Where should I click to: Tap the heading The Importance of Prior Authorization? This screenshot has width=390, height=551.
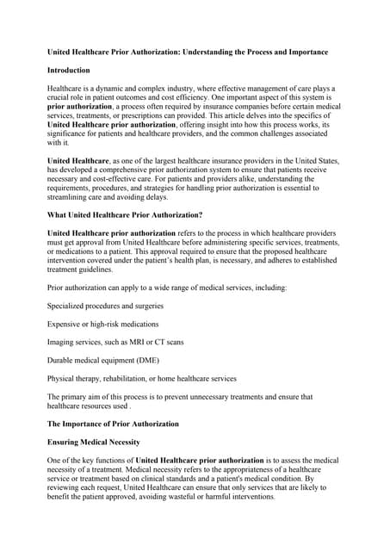(x=113, y=424)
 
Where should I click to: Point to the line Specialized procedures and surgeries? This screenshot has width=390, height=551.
(x=105, y=306)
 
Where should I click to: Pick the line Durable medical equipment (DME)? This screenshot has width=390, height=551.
(x=102, y=360)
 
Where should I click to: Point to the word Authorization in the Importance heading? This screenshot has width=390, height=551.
(x=152, y=424)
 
